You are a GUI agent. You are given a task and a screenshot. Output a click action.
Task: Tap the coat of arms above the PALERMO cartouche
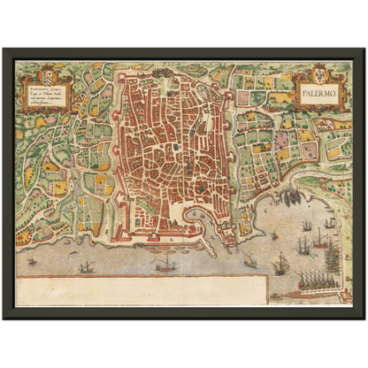(319, 71)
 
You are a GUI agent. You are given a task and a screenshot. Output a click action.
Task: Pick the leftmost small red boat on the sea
(33, 262)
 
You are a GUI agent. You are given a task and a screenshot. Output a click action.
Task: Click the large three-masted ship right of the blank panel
(281, 263)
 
